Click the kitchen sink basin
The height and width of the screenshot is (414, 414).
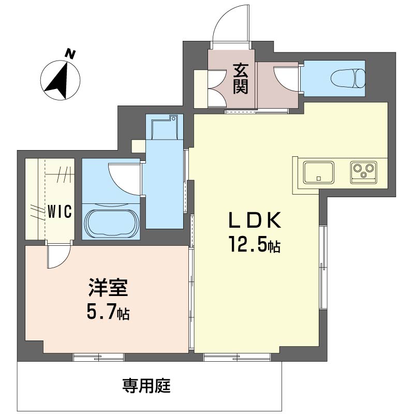point(318,172)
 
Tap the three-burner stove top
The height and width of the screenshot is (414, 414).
point(364,170)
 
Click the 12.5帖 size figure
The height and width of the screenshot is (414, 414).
point(255,245)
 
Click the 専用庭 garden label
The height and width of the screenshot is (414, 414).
point(146,385)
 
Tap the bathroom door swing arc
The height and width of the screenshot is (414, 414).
point(123,176)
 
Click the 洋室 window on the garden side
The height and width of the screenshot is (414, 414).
point(98,357)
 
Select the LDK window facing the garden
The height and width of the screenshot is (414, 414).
point(237,357)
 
